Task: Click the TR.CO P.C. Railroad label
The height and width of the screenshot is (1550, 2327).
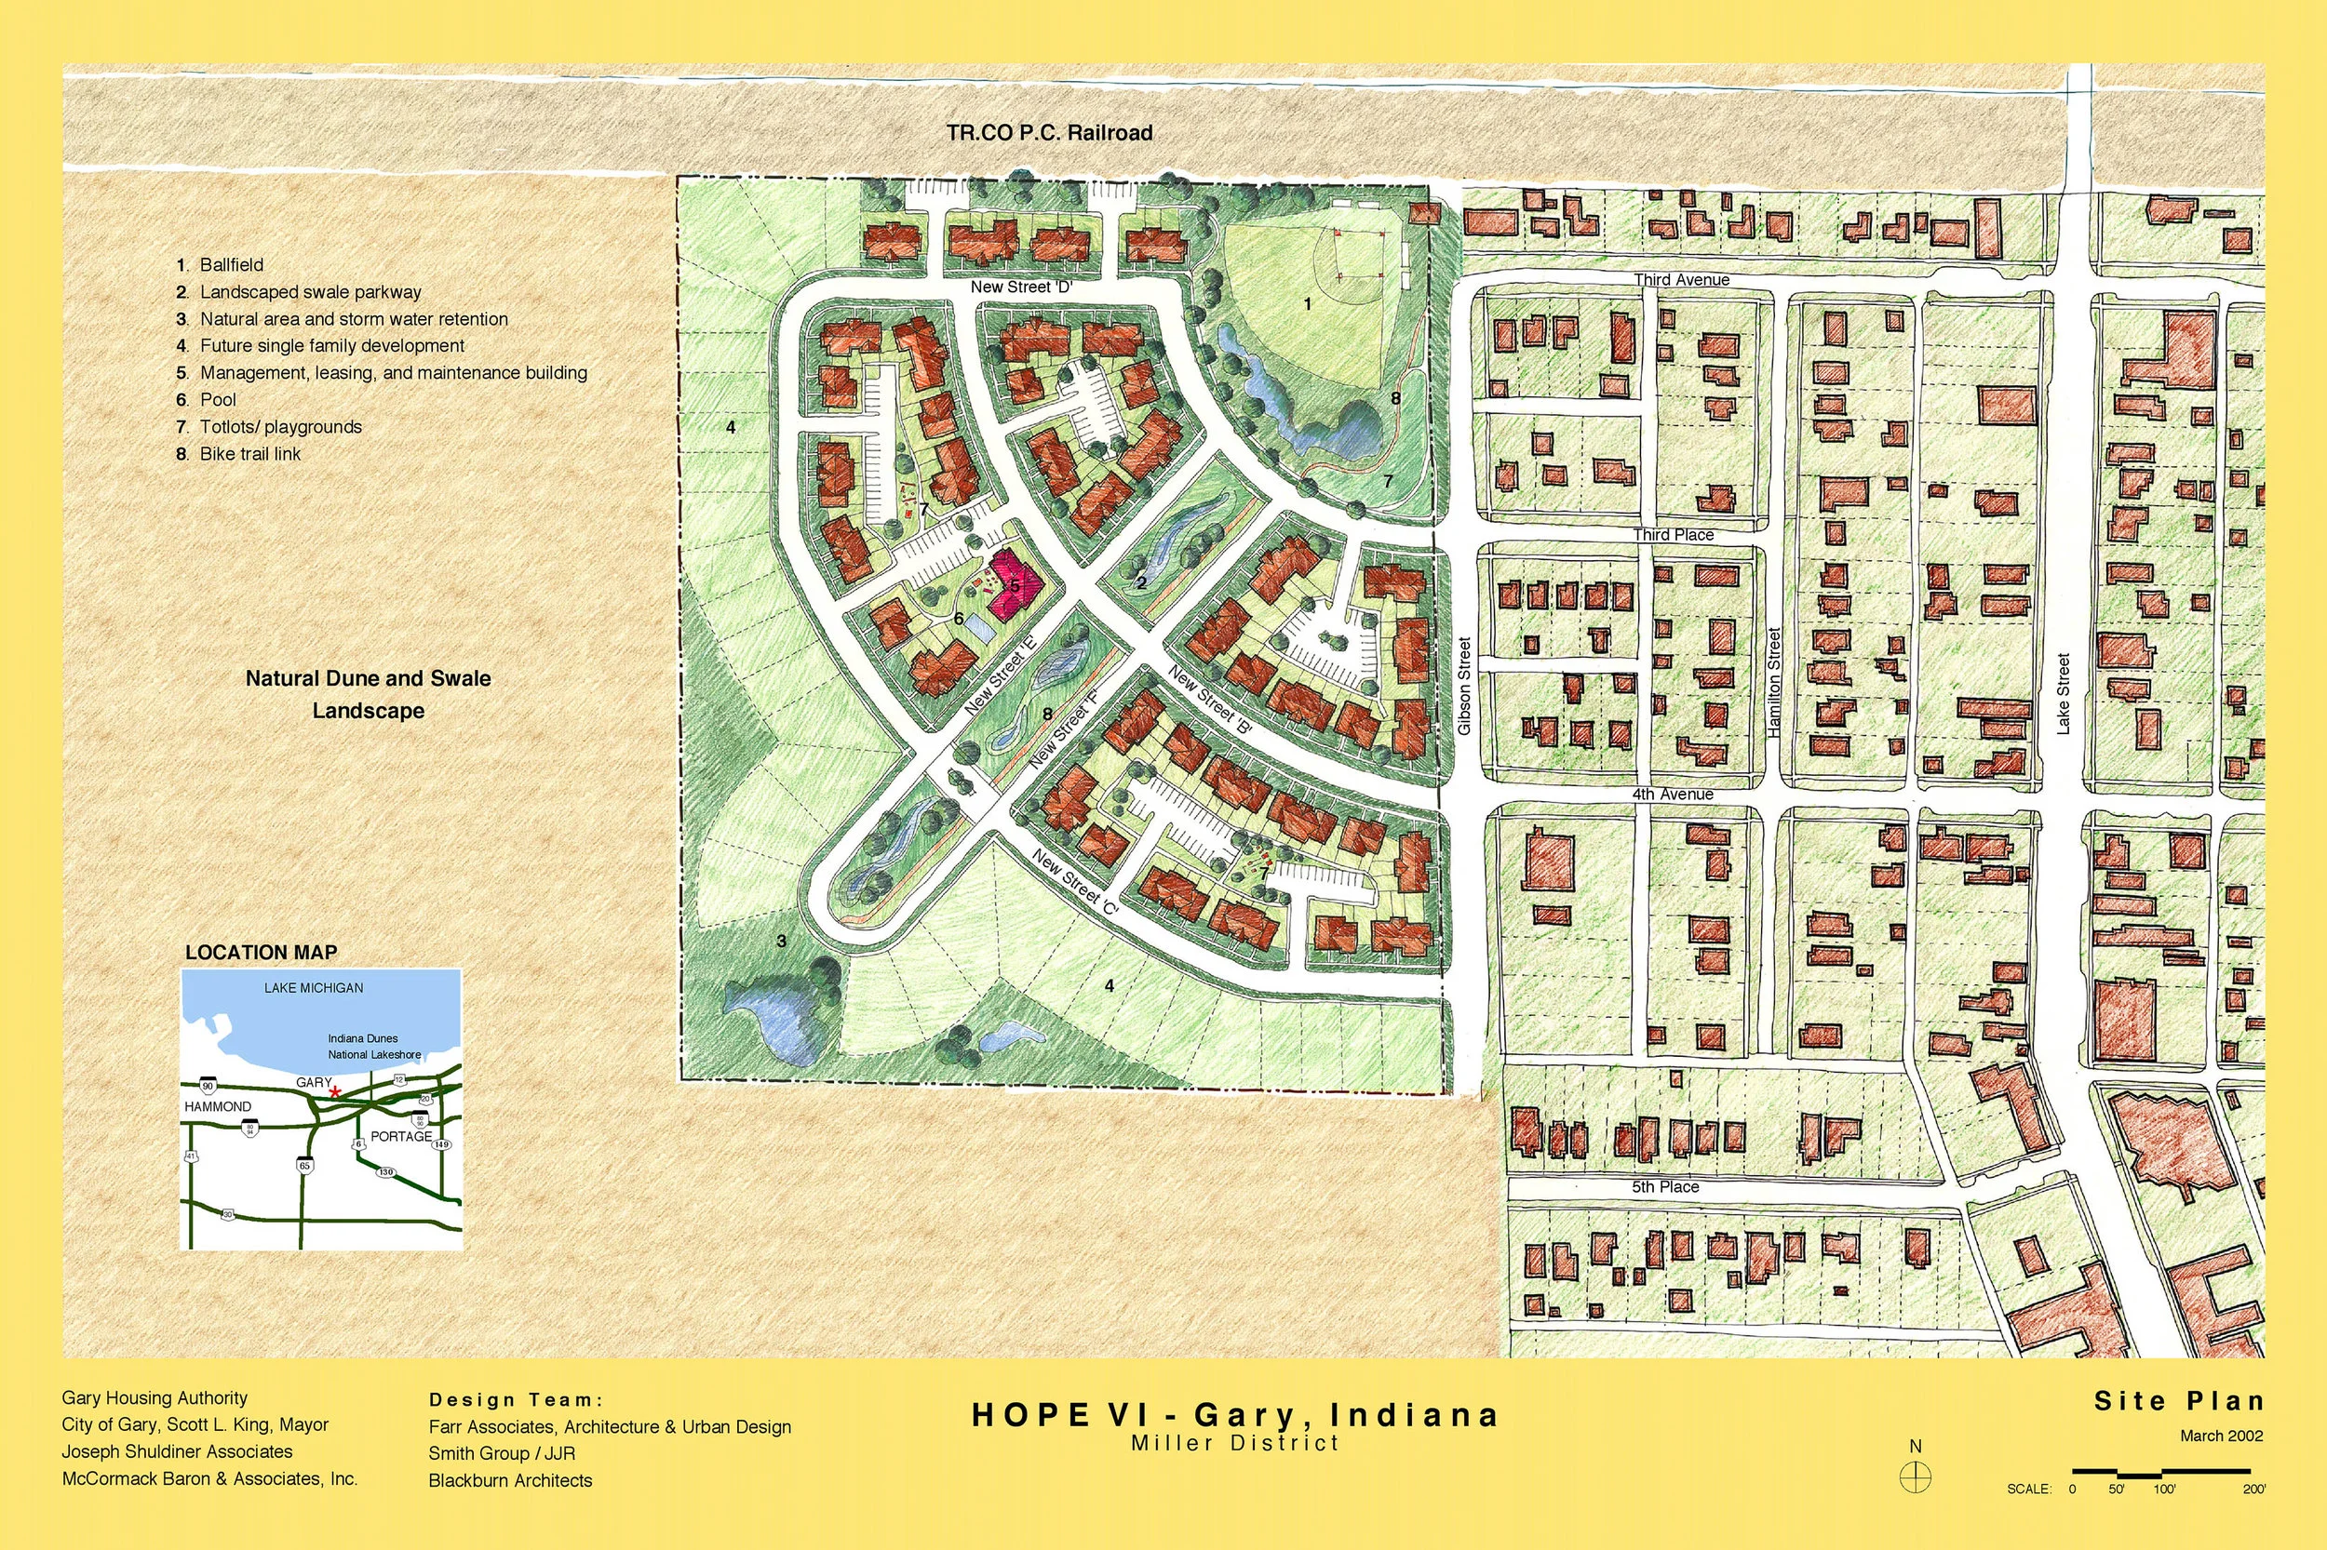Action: point(1049,132)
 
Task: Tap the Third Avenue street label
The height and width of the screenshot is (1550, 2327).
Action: point(1681,280)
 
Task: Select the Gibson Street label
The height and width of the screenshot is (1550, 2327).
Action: point(1465,685)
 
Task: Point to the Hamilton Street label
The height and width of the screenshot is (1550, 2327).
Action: point(1774,682)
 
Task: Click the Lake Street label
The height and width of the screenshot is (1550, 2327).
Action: point(2063,693)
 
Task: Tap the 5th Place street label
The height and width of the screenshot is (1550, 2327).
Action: point(1665,1186)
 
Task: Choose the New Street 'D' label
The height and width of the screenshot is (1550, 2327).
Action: point(1020,287)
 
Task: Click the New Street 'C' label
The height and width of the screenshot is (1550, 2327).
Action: point(1074,882)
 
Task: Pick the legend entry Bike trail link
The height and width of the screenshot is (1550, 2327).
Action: point(249,454)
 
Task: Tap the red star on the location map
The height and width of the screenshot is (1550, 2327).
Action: point(335,1091)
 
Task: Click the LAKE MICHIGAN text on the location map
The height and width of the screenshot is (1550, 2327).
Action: point(314,987)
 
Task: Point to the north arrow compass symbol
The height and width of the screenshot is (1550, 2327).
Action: point(1916,1477)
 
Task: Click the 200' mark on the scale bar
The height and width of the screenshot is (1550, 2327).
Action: point(2253,1489)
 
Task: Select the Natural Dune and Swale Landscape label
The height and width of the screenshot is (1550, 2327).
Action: point(368,694)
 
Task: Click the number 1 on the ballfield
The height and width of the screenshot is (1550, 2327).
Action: point(1308,304)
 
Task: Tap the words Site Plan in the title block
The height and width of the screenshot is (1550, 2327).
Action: point(2179,1401)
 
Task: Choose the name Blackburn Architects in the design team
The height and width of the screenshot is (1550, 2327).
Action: point(510,1480)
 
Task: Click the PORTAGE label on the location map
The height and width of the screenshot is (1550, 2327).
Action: point(400,1136)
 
